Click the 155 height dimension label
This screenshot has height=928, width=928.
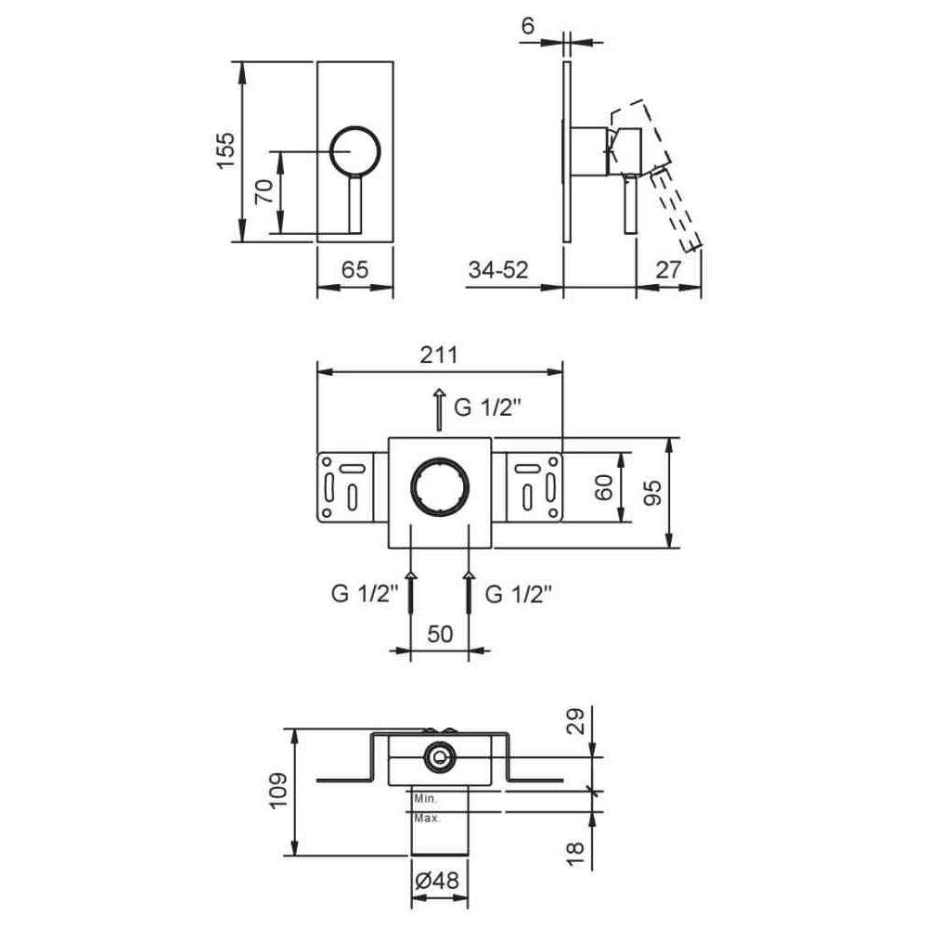(226, 151)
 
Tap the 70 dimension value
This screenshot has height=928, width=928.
(264, 191)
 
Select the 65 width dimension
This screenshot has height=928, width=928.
(355, 270)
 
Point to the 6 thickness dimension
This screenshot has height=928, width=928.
(528, 25)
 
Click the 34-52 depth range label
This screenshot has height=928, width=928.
(498, 270)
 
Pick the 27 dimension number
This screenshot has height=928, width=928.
(669, 270)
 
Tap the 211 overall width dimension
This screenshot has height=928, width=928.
(439, 355)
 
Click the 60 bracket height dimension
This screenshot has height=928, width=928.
(604, 487)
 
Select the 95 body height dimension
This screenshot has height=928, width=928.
(651, 493)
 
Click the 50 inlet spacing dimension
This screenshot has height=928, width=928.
(440, 634)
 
